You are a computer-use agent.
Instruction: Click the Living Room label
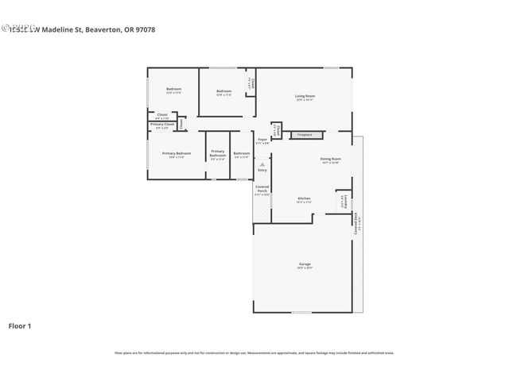click(304, 96)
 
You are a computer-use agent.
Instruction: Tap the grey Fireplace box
click(305, 135)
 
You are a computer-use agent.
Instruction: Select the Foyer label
click(262, 140)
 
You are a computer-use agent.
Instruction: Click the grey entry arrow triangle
click(262, 164)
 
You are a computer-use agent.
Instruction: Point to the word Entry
click(262, 171)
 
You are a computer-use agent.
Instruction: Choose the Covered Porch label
click(262, 189)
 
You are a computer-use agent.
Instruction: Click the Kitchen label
click(304, 198)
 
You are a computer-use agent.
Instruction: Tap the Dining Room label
click(331, 159)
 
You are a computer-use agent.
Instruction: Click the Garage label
click(304, 264)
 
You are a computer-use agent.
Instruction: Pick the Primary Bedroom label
click(176, 153)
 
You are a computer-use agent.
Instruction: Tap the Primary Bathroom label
click(218, 153)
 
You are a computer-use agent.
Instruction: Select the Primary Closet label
click(162, 125)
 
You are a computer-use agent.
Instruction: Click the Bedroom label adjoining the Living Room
click(224, 91)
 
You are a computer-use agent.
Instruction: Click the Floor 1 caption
click(21, 326)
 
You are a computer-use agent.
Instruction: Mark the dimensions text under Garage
click(304, 269)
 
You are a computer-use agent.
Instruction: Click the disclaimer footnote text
click(254, 352)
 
